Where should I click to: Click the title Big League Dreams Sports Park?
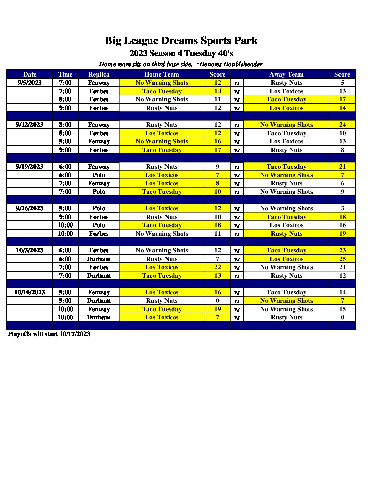coord(181,41)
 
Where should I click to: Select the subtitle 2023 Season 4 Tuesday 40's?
coord(181,53)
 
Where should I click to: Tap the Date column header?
coord(30,74)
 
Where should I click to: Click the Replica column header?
coord(99,74)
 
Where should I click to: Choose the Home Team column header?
coord(162,74)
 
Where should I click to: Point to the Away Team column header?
coord(287,74)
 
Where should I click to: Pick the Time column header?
coord(65,74)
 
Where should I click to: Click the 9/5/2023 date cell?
coord(30,83)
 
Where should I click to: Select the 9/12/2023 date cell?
coord(30,125)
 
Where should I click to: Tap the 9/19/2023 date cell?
coord(30,167)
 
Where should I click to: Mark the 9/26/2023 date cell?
coord(30,208)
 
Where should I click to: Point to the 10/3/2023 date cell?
coord(30,250)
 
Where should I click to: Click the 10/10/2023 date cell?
coord(30,292)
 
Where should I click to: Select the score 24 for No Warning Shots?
coord(342,125)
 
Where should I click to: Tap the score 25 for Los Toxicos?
coord(342,259)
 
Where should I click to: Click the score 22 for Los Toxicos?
coord(218,267)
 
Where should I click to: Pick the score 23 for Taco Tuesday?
coord(342,250)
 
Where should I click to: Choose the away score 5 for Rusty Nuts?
coord(342,83)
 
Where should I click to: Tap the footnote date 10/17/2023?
coord(75,334)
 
